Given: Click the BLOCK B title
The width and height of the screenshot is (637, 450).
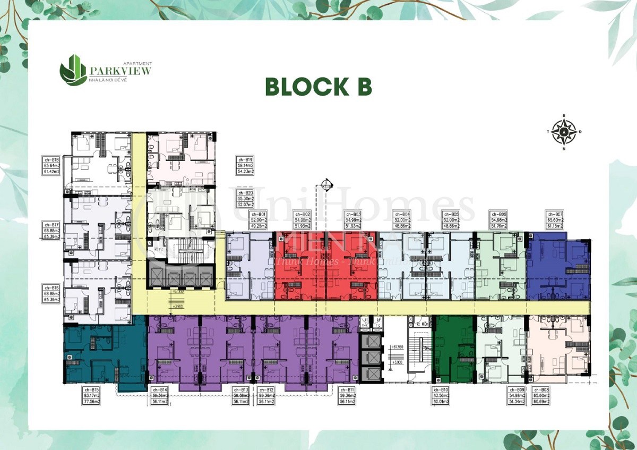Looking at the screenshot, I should coord(318,87).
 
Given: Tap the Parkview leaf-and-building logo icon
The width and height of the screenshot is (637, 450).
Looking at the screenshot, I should coord(73,69).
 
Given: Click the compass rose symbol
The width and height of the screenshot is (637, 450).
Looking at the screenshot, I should coord(564,131).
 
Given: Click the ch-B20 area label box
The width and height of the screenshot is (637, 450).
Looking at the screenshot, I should coord(246,198).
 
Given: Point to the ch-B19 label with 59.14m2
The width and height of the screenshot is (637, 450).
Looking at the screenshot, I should coord(246,166).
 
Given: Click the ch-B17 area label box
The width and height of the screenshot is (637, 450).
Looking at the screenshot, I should coord(51,232).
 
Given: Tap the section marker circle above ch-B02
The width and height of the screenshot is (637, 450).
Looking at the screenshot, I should coord(326,185).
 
